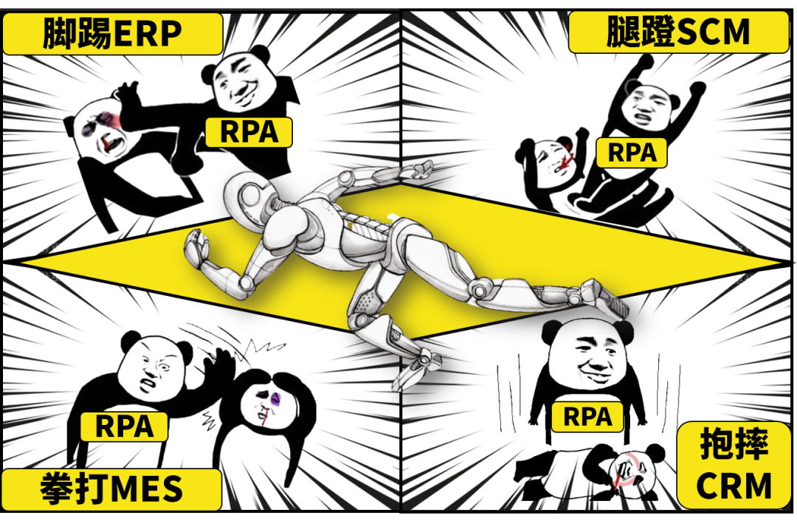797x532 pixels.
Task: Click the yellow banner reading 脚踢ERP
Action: click(x=112, y=34)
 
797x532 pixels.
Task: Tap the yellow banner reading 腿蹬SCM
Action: click(x=679, y=32)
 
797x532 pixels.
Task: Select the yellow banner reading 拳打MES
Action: click(x=111, y=490)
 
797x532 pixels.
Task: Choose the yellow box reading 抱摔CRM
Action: click(x=734, y=466)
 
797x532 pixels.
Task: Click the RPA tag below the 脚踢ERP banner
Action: click(x=249, y=131)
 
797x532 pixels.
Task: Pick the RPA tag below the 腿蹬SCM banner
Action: click(x=632, y=153)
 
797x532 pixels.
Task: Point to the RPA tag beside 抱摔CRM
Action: click(x=587, y=417)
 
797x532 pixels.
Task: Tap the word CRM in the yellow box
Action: click(x=734, y=486)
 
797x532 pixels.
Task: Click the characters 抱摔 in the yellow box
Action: click(x=734, y=445)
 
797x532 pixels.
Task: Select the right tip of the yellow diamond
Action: click(x=779, y=263)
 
